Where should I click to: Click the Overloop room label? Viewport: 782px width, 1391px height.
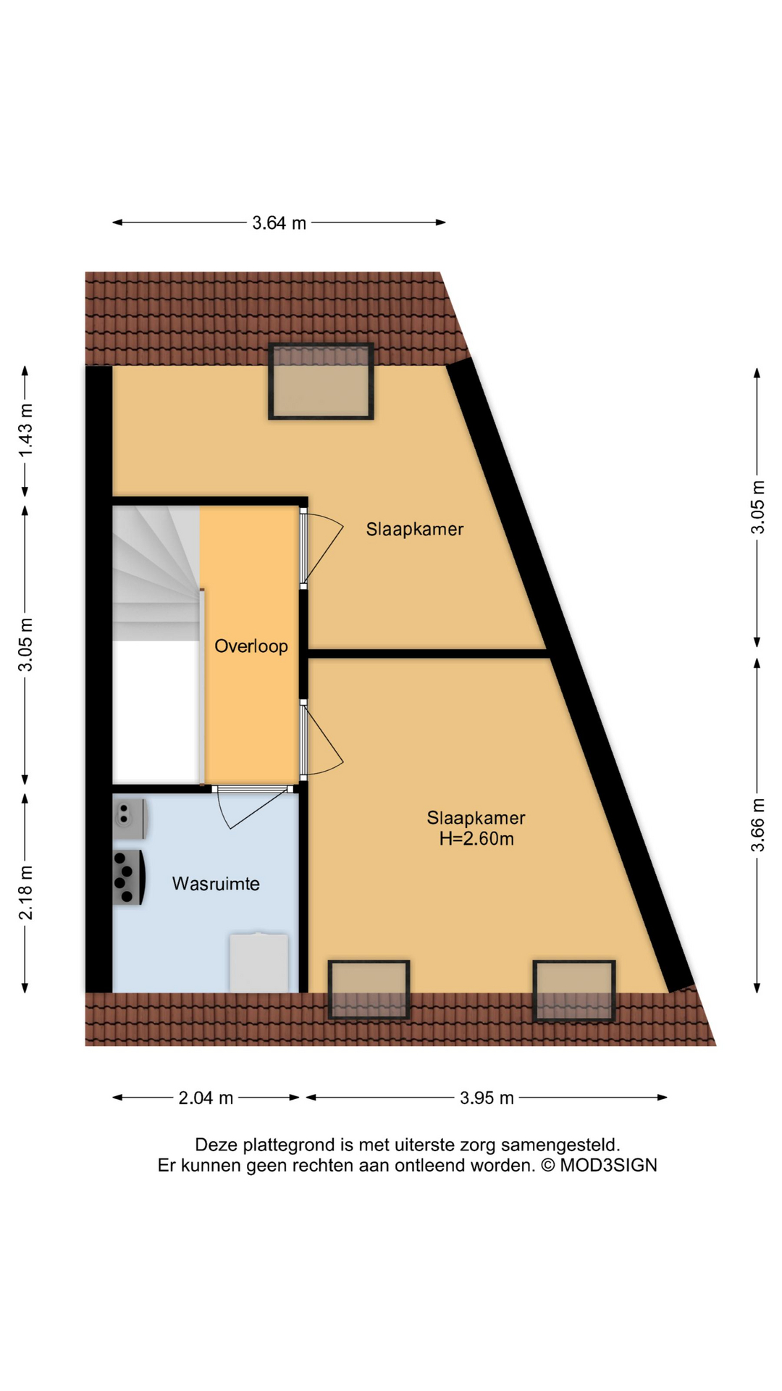coord(251,646)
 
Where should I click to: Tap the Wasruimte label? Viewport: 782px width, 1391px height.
coord(216,884)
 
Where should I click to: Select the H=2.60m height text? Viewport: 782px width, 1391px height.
coord(476,839)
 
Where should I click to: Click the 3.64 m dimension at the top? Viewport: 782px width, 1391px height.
coord(279,223)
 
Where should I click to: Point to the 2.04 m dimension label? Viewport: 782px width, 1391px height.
coord(206,1098)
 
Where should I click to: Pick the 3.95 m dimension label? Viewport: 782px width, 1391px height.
coord(487,1098)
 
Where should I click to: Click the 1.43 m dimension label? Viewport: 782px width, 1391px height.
coord(25,430)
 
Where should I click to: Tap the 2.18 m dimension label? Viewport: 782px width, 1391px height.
coord(25,893)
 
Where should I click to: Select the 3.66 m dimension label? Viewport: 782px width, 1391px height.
coord(757,825)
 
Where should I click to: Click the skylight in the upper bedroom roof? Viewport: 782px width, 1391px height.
coord(321,382)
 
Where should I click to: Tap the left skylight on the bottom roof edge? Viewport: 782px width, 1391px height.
coord(369,990)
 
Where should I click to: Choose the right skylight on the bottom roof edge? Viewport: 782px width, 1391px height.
coord(574,990)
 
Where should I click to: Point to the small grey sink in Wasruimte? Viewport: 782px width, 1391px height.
coord(130,819)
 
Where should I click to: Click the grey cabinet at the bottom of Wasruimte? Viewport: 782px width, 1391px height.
coord(258,963)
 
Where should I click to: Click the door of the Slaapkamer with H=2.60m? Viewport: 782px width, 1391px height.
coord(322,739)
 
